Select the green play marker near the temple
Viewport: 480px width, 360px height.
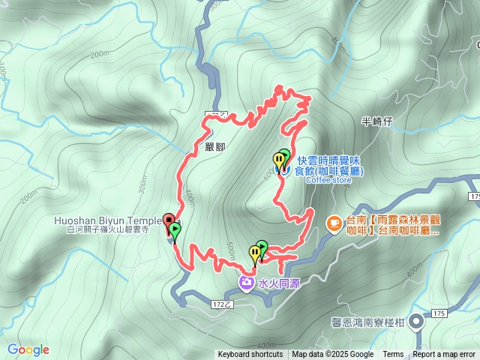[175, 230]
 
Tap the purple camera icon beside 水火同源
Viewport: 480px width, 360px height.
[246, 282]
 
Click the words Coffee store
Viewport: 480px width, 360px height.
[328, 180]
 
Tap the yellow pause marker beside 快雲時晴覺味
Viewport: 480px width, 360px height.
[278, 160]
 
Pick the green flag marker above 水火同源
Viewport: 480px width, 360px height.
[262, 247]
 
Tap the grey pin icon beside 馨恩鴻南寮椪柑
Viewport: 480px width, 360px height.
[416, 322]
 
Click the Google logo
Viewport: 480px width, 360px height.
[28, 349]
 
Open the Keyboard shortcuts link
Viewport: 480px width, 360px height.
[250, 355]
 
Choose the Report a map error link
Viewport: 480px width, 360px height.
[444, 355]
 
